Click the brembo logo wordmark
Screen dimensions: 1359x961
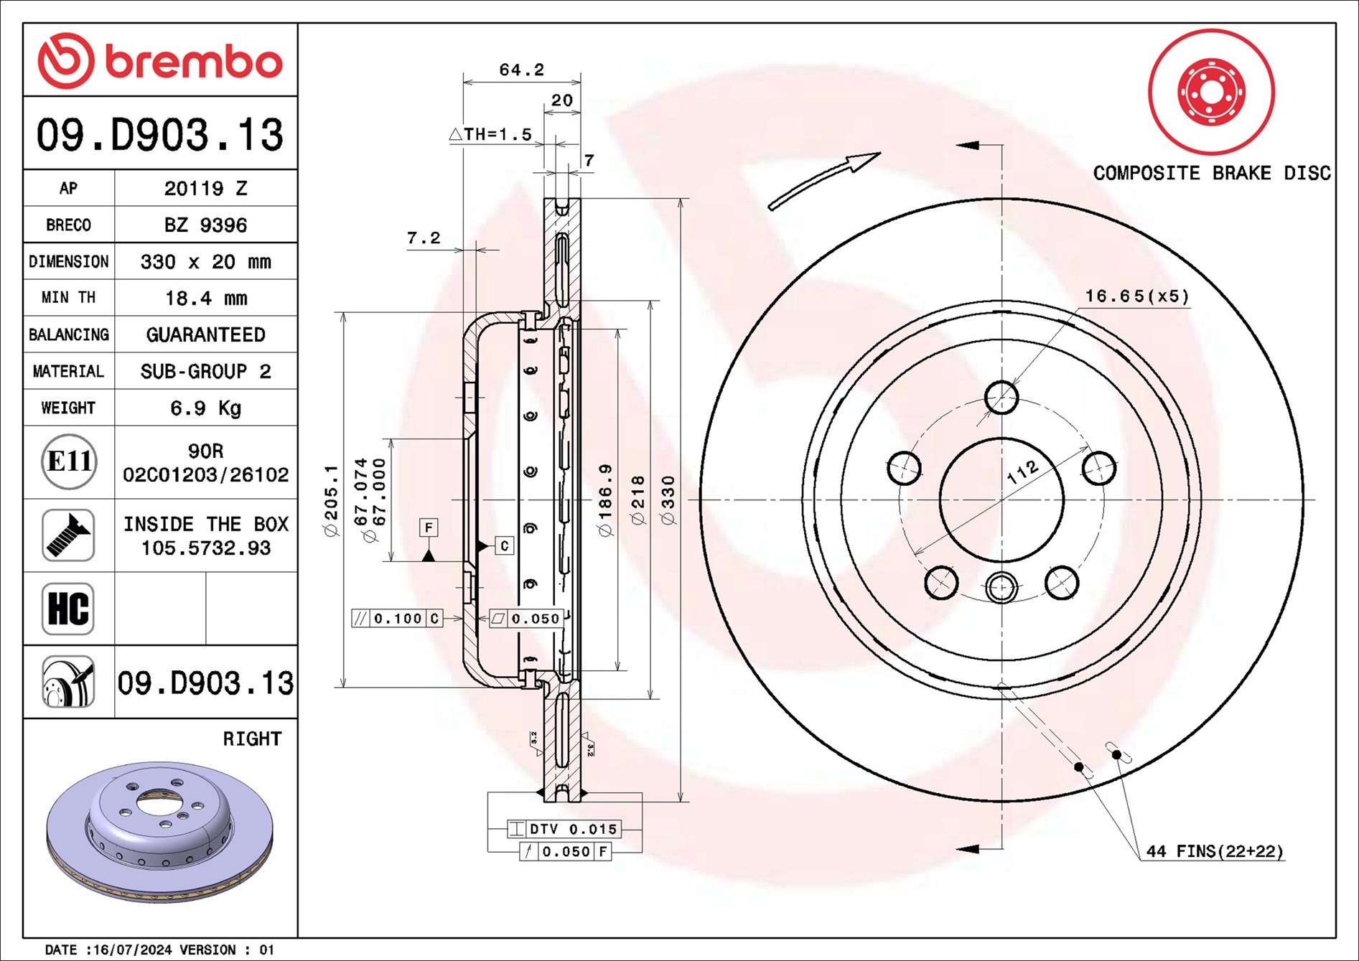(194, 62)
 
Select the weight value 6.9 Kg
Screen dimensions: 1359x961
(205, 408)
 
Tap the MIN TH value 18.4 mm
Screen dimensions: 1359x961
(206, 298)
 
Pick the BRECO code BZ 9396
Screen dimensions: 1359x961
(205, 225)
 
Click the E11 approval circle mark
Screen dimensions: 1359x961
(69, 461)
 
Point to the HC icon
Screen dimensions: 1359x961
(68, 609)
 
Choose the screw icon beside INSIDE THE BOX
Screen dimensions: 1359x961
(68, 535)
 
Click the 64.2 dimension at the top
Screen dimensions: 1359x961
(522, 70)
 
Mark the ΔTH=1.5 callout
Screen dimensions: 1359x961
(491, 134)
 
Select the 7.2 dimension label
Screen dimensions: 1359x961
(424, 238)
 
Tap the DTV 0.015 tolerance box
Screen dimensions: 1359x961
(564, 829)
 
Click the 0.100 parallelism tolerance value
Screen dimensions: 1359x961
(398, 618)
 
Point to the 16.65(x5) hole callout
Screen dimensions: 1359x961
(1137, 296)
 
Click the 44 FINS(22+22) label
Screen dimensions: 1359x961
(1215, 851)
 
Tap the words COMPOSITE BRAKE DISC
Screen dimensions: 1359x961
(1212, 173)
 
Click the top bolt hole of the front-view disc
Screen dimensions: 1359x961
(1001, 398)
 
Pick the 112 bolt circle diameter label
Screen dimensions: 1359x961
(1022, 472)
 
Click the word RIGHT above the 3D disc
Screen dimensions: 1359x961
(252, 739)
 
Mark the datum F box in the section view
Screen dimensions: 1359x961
(429, 528)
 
